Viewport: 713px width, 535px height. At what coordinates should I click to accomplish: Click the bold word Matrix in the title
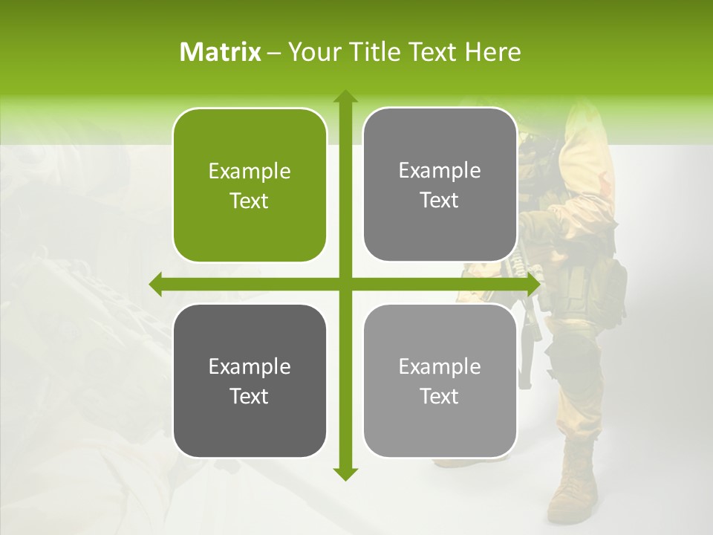(x=221, y=52)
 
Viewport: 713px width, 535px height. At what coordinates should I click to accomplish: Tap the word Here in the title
(x=493, y=52)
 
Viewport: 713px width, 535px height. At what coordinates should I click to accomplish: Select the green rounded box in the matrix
(x=250, y=185)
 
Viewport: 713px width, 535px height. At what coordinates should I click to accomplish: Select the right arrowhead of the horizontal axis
(x=533, y=284)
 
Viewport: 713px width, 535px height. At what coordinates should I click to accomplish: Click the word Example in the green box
(x=250, y=172)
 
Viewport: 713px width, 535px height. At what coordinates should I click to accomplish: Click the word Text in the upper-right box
(x=440, y=201)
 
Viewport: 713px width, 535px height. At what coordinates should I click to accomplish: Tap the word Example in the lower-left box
(x=250, y=367)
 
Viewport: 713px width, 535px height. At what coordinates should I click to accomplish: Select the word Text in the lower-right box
(x=440, y=397)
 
